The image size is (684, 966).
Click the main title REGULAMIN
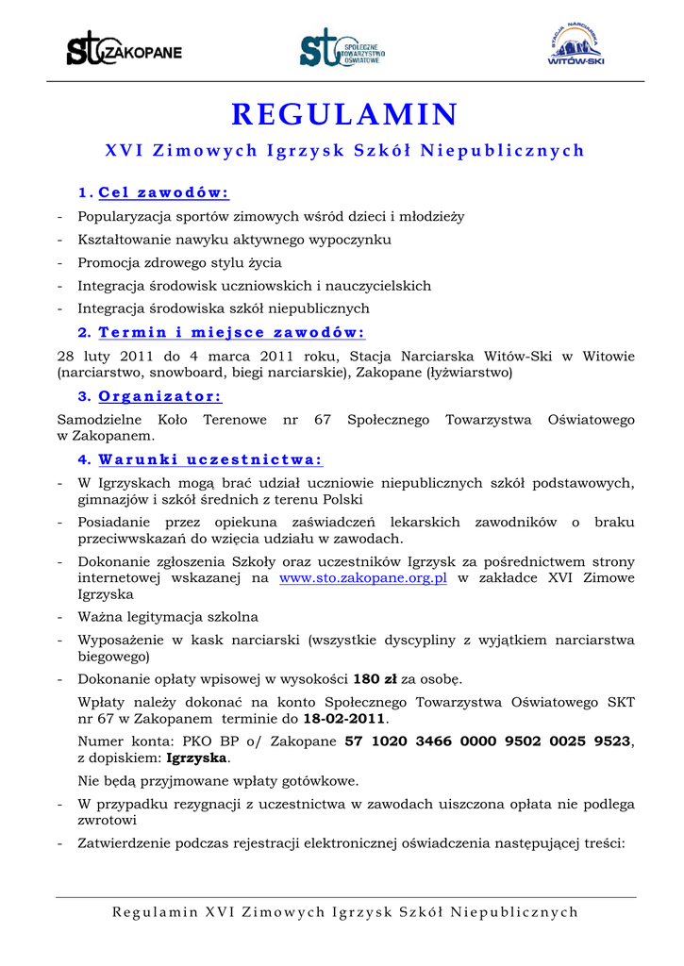pyautogui.click(x=344, y=114)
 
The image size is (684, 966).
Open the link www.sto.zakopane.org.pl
pyautogui.click(x=363, y=577)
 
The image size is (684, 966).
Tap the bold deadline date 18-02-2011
pyautogui.click(x=344, y=719)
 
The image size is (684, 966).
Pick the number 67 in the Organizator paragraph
pyautogui.click(x=322, y=419)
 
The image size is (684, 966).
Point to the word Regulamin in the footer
pyautogui.click(x=155, y=911)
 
